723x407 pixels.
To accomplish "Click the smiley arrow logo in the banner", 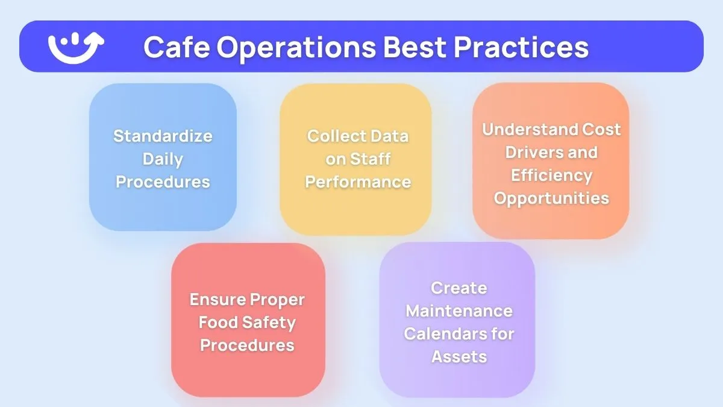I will [x=76, y=46].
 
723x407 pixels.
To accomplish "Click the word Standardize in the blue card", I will [x=163, y=136].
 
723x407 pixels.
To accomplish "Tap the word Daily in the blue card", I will [x=163, y=159].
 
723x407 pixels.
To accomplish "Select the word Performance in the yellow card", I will [x=358, y=181].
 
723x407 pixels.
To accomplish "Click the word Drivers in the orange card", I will [x=528, y=152].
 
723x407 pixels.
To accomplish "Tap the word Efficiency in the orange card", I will [x=551, y=175].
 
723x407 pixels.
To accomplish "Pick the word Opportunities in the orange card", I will [x=551, y=198].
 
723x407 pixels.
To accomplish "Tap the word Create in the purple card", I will [x=459, y=288].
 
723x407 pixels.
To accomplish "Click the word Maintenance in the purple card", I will [x=459, y=311].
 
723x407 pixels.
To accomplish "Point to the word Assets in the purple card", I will [x=459, y=356].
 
